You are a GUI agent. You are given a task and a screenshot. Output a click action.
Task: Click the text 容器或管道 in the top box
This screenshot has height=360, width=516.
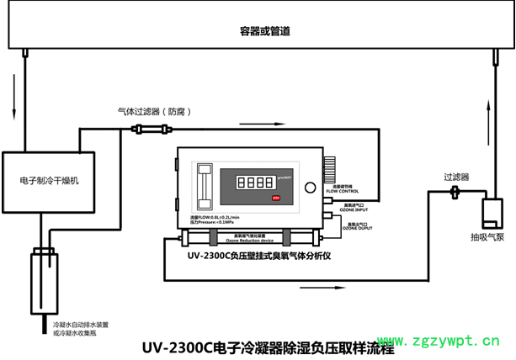(264, 31)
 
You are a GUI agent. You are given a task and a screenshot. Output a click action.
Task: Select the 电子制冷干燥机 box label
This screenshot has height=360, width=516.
(49, 181)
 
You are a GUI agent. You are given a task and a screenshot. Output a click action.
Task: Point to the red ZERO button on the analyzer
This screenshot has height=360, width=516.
(275, 198)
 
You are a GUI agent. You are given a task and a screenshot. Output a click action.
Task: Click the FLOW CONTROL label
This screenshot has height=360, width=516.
(342, 191)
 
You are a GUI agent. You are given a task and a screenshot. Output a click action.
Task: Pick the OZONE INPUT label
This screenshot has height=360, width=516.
(353, 208)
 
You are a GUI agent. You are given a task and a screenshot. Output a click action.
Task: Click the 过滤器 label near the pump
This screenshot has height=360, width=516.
(456, 177)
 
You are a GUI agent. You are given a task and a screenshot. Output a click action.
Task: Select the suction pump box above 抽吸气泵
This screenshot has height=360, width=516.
(491, 214)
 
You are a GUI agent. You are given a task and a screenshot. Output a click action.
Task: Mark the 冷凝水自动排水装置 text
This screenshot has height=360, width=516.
(81, 324)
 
